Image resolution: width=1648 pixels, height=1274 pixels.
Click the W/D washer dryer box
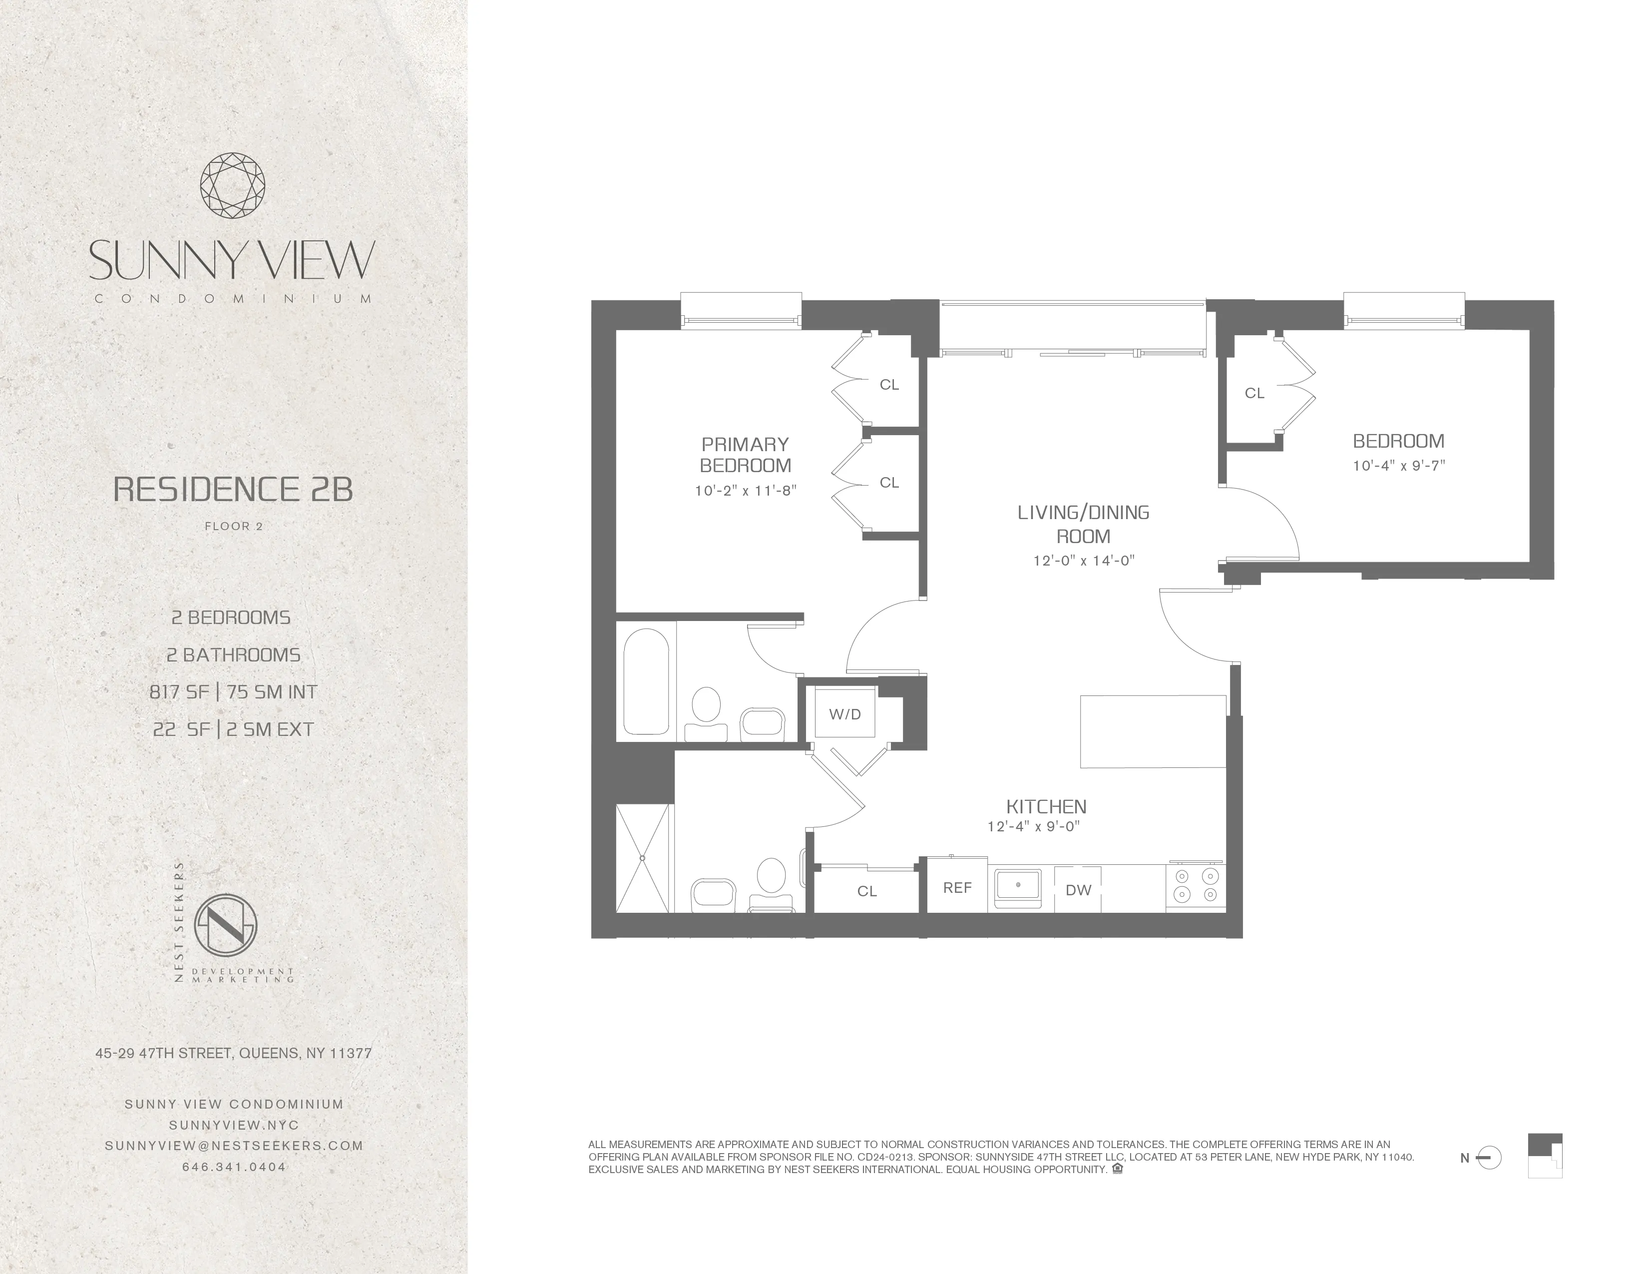coord(844,713)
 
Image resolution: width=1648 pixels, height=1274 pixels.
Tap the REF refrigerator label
coord(957,888)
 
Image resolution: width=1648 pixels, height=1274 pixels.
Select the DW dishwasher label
coord(1078,890)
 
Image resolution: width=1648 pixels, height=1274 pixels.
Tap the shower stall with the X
coord(643,858)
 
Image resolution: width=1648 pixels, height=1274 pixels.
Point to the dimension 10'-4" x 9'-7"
coord(1398,466)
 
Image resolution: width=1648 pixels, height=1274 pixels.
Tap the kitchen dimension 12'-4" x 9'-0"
coord(1034,826)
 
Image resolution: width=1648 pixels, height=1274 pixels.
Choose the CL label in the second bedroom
coord(1254,393)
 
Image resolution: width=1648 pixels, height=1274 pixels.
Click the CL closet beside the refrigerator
coord(867,891)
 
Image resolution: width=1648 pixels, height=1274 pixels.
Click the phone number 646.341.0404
coord(234,1167)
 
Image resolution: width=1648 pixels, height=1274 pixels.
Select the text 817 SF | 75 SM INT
coord(233,692)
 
